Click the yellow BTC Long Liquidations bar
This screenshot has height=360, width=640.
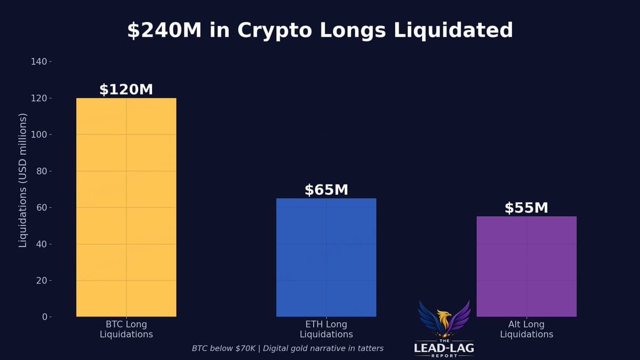[126, 207]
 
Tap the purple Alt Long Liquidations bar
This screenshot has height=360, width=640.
[526, 266]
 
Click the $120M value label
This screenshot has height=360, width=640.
[126, 90]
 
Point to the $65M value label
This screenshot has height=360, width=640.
[326, 190]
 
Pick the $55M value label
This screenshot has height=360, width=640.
[526, 208]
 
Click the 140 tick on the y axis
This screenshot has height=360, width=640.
[39, 62]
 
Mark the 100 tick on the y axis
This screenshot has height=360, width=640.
[39, 134]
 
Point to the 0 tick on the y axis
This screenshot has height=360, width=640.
[44, 317]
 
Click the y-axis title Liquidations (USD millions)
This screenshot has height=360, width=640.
[23, 180]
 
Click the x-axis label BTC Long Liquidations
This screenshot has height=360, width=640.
[126, 329]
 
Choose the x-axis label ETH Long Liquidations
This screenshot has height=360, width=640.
[326, 329]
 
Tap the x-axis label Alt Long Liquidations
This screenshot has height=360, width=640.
[526, 329]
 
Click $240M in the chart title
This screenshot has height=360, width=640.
[164, 30]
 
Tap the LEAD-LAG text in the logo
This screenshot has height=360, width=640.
[444, 348]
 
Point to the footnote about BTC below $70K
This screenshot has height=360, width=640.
[287, 348]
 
